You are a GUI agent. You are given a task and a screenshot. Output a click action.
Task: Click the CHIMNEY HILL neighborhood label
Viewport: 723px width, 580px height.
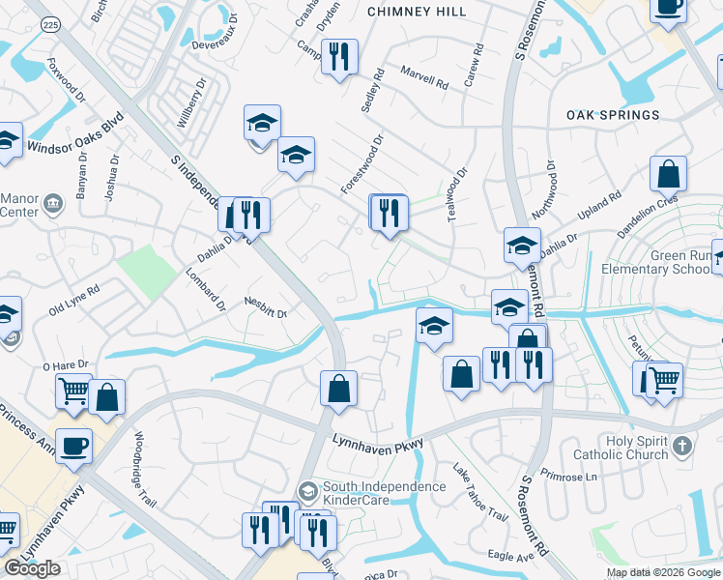(417, 12)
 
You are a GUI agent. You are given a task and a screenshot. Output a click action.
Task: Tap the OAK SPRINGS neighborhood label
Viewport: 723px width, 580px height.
(613, 115)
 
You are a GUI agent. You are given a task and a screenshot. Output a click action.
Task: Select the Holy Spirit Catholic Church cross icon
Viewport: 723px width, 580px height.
(683, 446)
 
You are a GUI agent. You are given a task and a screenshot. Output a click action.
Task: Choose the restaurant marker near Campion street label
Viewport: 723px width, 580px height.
(338, 56)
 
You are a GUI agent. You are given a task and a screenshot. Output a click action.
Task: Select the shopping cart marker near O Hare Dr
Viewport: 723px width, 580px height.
(73, 391)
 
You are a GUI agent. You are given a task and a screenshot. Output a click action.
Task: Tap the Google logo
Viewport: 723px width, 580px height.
(32, 568)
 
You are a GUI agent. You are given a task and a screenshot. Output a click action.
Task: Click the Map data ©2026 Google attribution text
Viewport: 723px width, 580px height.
(663, 572)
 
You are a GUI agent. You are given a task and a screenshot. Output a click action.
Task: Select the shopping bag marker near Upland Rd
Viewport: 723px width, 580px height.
(668, 174)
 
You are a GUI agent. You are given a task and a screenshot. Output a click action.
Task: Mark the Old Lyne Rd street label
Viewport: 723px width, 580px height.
(74, 302)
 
